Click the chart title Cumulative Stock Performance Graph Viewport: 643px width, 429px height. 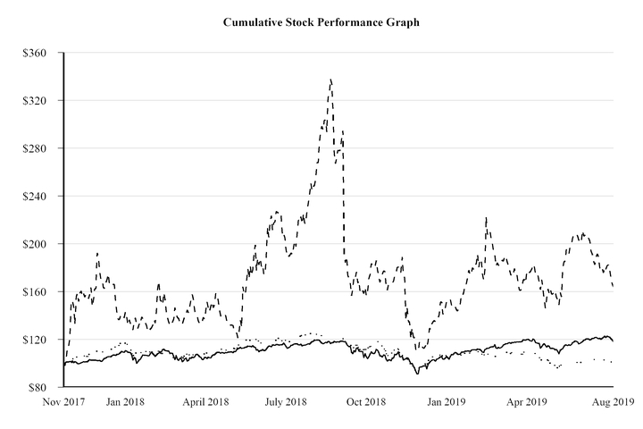coord(321,21)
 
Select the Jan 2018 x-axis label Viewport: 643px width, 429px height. coord(124,402)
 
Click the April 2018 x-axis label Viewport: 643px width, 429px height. coord(205,402)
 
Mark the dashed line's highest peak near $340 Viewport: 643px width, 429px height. coord(330,80)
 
